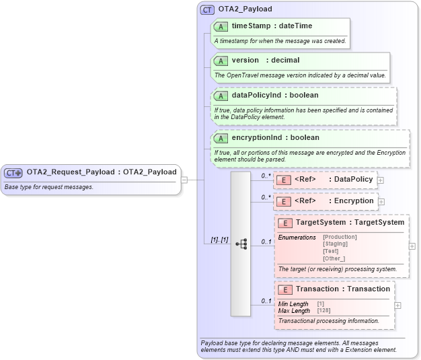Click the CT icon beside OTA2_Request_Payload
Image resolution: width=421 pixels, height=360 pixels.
14,172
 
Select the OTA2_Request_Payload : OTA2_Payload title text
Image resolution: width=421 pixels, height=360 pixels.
102,172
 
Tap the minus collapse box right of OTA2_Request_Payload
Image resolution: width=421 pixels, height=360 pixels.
184,180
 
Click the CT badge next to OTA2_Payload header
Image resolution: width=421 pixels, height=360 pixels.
208,9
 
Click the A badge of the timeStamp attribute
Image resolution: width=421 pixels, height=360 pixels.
221,26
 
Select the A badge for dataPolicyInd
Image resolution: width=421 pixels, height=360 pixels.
221,96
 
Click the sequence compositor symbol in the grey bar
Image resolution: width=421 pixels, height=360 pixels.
241,244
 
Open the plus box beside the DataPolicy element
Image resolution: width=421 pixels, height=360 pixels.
381,180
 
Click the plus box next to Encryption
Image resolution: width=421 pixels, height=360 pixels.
381,201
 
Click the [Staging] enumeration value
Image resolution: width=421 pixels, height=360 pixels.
336,244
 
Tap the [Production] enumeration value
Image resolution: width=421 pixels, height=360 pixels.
340,237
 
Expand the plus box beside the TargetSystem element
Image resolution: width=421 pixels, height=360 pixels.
412,246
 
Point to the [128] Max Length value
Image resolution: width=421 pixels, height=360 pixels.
323,310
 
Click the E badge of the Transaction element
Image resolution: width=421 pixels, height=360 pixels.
284,289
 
